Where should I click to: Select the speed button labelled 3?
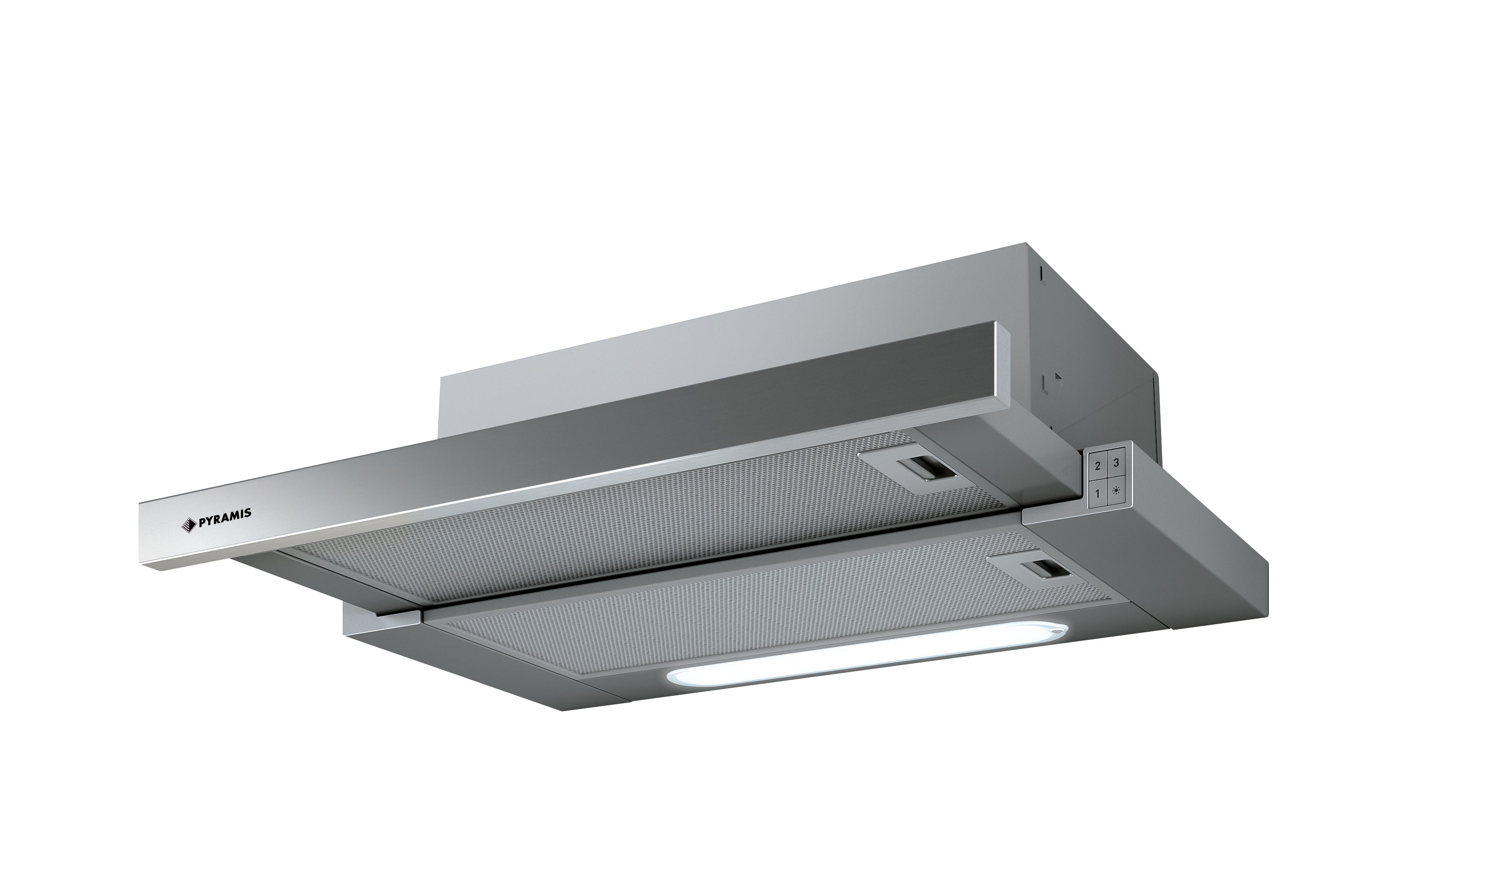point(1116,463)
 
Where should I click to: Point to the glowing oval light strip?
point(862,656)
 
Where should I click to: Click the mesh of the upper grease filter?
point(632,525)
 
